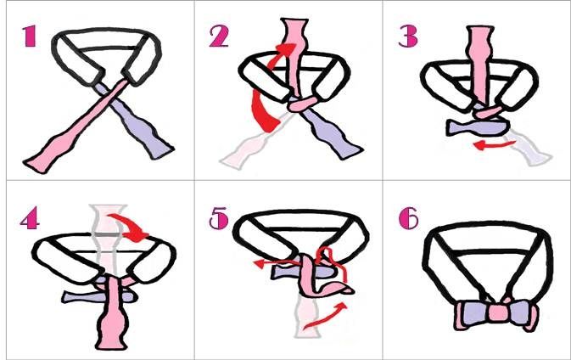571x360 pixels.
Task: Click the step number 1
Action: coord(29,36)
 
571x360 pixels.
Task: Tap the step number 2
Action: coord(219,36)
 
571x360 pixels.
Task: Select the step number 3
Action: coord(408,36)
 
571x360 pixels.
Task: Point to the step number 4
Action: coord(30,218)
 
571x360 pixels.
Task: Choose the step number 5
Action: coord(219,218)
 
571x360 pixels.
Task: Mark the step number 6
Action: coord(409,218)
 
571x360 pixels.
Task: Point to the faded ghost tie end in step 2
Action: coord(248,149)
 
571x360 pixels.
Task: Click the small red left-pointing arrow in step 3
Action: coord(494,145)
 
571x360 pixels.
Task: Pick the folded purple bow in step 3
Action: coord(477,127)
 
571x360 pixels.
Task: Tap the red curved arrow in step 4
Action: coord(129,228)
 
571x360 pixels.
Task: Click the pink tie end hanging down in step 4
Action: coord(112,313)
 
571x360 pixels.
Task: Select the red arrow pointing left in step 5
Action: coord(277,262)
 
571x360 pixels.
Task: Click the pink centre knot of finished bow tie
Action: coord(498,313)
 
